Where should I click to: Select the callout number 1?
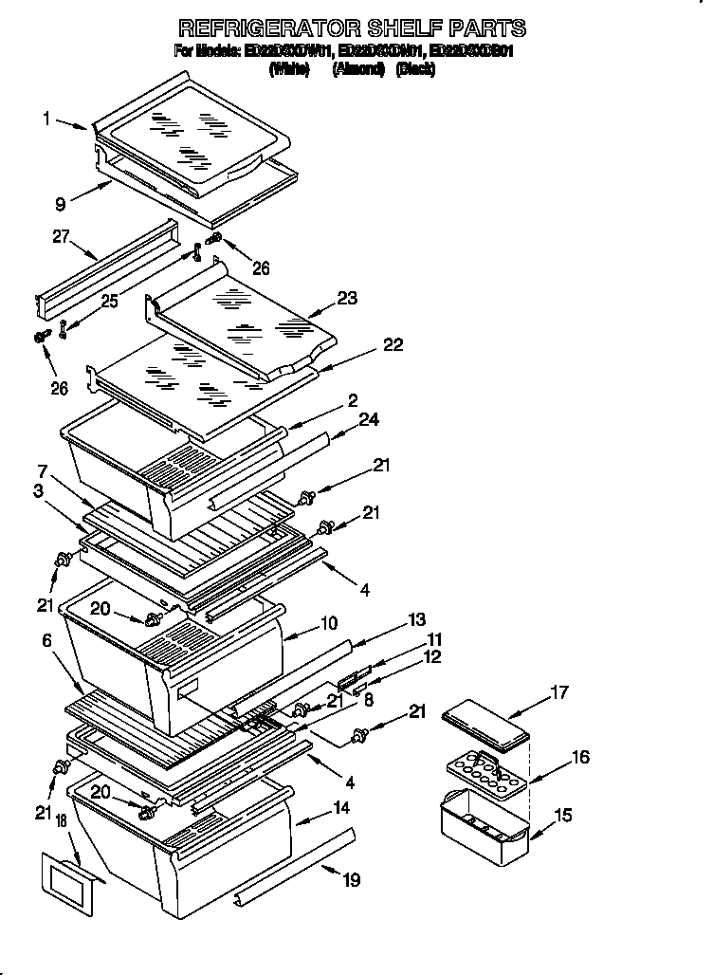click(46, 119)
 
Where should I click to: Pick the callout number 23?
click(347, 298)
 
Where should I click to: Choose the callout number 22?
click(393, 345)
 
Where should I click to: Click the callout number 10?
click(329, 623)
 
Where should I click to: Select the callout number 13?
click(416, 620)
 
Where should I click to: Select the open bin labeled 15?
click(484, 822)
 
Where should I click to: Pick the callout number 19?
click(351, 881)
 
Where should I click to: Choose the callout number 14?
click(341, 808)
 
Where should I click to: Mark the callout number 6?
click(46, 641)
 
